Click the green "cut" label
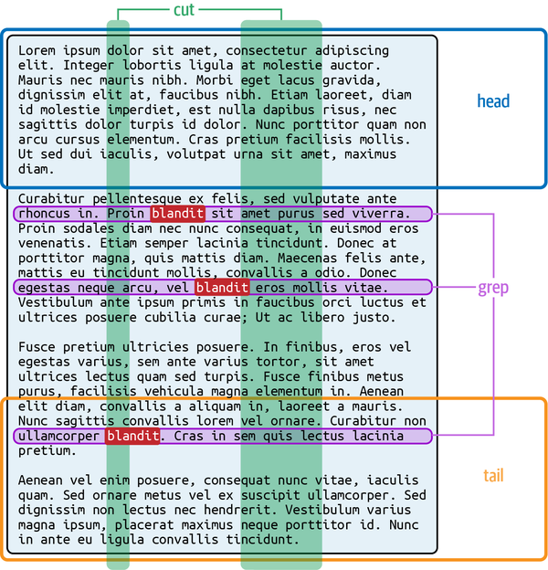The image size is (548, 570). pos(184,9)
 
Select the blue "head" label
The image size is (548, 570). pos(493,101)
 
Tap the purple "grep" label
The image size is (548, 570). pos(493,288)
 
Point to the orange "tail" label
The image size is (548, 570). pos(493,476)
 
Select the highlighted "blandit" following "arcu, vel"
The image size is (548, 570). pos(222,288)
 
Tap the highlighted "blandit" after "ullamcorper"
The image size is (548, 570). pos(133,436)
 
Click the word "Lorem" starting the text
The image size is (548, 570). pos(37,50)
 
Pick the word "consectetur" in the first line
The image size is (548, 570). pos(267,50)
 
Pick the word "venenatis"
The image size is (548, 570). pos(51,244)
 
